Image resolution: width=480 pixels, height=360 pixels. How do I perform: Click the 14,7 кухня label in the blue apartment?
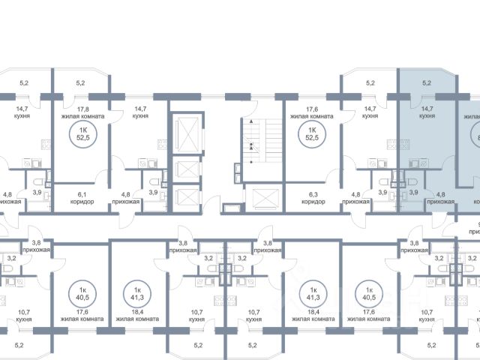point(427,112)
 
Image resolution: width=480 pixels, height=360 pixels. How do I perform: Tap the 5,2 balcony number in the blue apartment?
point(427,83)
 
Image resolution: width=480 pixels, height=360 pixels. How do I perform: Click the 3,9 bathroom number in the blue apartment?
point(412,193)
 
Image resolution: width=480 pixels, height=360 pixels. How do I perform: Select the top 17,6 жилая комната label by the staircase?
point(310,112)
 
